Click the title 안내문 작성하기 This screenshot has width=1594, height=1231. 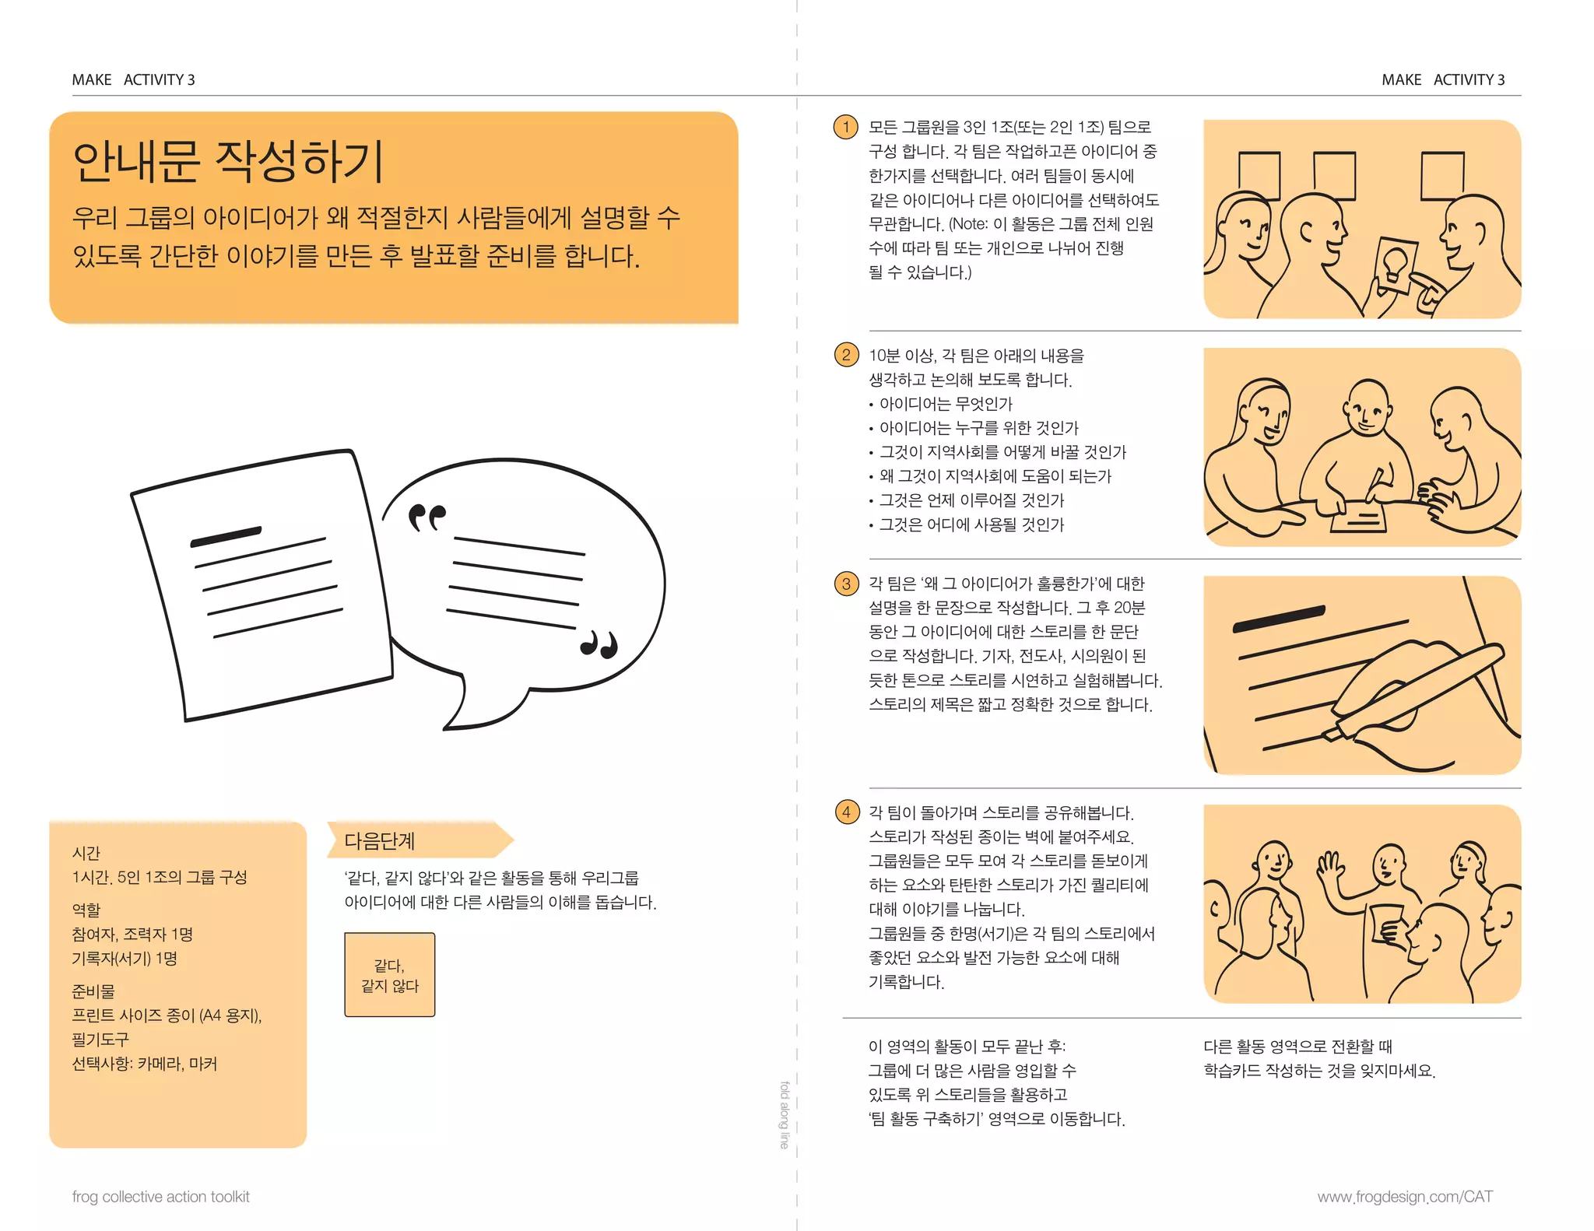coord(228,161)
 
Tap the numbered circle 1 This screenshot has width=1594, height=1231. coord(845,127)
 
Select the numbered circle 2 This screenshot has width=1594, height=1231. coord(846,356)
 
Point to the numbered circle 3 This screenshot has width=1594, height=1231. coord(846,584)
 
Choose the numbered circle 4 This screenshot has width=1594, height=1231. coord(846,812)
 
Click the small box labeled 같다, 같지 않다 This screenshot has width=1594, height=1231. coord(390,975)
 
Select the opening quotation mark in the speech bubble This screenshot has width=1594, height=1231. coord(427,517)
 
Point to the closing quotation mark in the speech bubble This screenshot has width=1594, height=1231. coord(599,644)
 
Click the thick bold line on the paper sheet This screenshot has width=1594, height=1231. coord(226,537)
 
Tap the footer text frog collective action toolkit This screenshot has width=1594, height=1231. coord(161,1197)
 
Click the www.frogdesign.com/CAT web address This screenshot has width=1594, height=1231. coord(1405,1197)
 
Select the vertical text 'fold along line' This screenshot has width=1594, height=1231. coord(785,1114)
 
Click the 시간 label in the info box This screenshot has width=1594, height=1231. coord(86,853)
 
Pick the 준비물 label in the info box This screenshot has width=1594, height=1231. coord(93,991)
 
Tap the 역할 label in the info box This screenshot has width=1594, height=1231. coord(86,909)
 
